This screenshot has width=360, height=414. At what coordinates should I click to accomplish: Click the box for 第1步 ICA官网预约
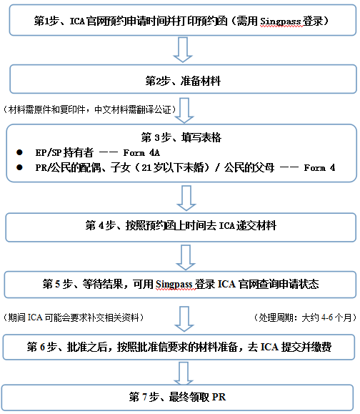[181, 21]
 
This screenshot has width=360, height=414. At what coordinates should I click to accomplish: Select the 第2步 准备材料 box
[181, 81]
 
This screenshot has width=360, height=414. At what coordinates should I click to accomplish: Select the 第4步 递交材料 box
[181, 226]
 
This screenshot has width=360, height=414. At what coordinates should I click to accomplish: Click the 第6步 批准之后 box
[181, 347]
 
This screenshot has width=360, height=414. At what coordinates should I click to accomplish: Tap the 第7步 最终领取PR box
[181, 397]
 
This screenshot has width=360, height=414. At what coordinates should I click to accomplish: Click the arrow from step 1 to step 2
[183, 51]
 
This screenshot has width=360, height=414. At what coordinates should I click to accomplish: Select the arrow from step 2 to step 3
[184, 109]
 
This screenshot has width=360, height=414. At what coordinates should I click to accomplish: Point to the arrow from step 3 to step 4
[184, 196]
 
